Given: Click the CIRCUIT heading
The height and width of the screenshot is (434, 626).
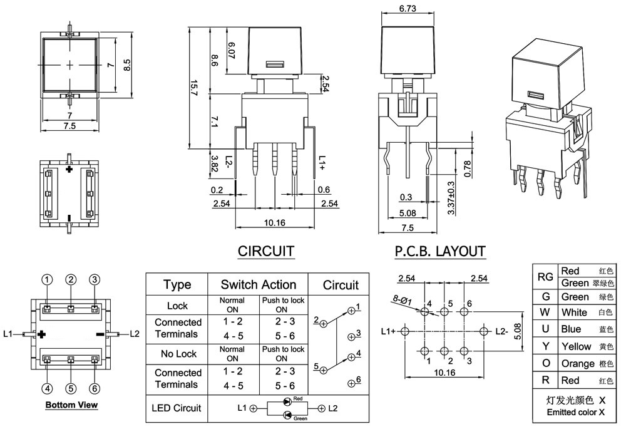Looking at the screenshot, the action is (266, 252).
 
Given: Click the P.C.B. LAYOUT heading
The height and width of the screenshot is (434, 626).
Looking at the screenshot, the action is (440, 252).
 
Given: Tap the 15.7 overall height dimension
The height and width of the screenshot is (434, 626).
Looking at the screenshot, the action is (193, 88).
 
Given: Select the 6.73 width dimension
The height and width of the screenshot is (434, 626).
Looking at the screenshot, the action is (408, 8).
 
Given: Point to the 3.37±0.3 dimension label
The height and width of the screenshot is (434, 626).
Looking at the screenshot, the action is (451, 198).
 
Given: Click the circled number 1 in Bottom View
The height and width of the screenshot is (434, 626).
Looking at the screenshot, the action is (47, 279).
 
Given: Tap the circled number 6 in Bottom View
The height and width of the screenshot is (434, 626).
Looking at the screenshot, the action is (95, 388).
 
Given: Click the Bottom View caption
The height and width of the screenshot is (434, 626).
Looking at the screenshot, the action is (71, 405).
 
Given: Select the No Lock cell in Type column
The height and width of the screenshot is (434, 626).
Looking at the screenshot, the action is (178, 354).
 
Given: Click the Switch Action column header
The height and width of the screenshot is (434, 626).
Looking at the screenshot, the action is (259, 285).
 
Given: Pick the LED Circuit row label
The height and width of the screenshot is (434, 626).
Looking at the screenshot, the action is (176, 408).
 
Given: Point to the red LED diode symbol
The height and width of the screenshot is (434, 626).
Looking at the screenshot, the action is (287, 401).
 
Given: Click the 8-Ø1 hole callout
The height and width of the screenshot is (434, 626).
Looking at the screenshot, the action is (402, 299).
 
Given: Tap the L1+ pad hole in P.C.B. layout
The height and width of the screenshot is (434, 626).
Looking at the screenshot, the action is (405, 331).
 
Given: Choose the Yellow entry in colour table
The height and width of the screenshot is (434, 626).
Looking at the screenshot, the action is (576, 346).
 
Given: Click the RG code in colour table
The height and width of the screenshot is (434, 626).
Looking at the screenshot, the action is (545, 277).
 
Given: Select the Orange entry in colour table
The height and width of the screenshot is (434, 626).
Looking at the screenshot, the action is (578, 363).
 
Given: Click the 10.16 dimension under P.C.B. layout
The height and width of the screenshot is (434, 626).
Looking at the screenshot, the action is (444, 372).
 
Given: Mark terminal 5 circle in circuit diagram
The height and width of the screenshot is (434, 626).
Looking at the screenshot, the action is (324, 370).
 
